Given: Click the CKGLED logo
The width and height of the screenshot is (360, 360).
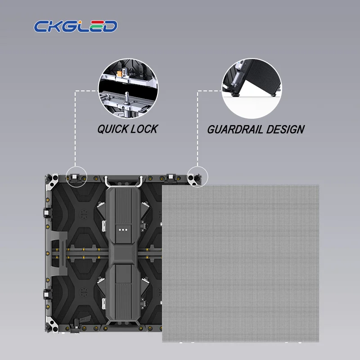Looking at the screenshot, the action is point(76,26).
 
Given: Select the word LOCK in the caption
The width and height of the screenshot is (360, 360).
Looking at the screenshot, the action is point(143,129).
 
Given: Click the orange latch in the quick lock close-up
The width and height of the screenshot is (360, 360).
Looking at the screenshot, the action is point(119,74).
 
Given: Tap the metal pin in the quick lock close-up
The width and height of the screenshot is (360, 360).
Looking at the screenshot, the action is point(126,98).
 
